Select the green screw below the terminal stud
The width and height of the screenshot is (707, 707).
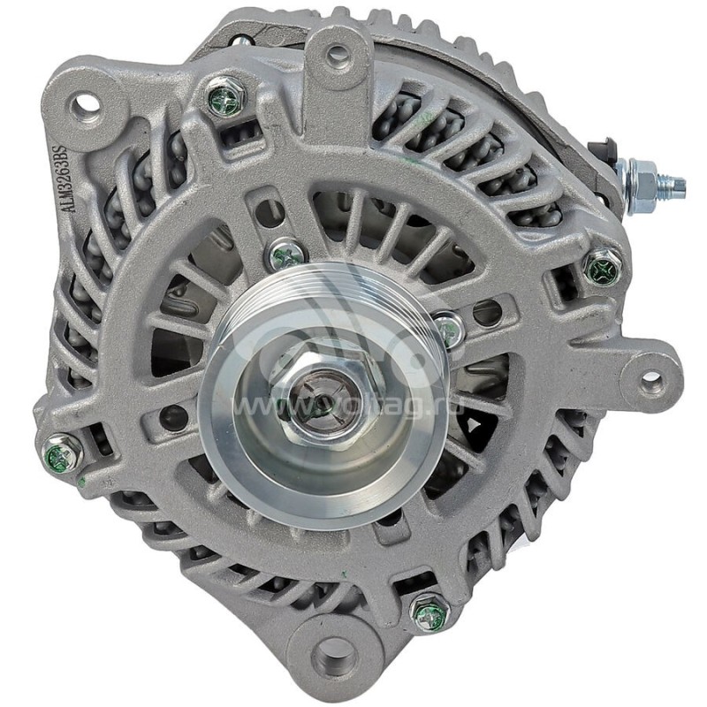(604, 265)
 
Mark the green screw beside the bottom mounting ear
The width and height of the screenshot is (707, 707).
(430, 612)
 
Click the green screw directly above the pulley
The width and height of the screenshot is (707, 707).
(286, 255)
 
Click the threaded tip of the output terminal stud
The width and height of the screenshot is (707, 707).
(676, 185)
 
